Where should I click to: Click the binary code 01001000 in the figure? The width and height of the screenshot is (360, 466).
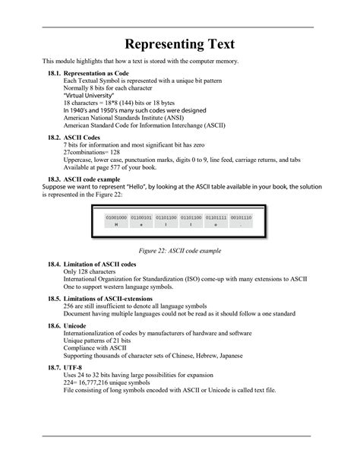[x=116, y=217]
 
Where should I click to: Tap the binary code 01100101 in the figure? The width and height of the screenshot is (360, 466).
[x=143, y=217]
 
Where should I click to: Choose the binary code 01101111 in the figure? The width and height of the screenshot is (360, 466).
[x=216, y=217]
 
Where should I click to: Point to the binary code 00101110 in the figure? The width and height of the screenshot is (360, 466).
[x=242, y=217]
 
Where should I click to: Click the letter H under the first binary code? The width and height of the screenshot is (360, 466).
[x=116, y=225]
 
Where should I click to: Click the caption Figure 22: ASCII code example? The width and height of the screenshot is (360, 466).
[x=179, y=249]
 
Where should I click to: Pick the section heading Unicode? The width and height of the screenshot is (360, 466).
[x=75, y=326]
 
